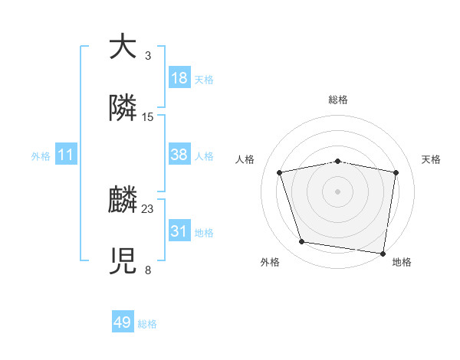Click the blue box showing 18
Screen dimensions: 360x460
coord(179,78)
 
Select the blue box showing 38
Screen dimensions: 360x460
coord(179,155)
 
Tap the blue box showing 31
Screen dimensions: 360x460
coord(179,231)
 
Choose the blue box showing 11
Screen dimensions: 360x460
coord(66,155)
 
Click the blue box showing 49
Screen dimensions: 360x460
coord(123,323)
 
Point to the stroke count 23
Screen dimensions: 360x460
coord(148,209)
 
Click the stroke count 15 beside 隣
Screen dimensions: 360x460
coord(148,116)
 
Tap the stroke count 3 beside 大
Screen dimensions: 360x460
coord(148,56)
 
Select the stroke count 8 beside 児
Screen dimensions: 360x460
coord(148,270)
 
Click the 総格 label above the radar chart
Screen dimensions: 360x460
coord(338,100)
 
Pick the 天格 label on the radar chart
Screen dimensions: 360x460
coord(431,159)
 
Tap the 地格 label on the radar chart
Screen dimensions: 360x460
coord(402,263)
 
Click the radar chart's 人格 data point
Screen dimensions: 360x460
coord(280,172)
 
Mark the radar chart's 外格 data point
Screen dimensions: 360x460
coord(301,242)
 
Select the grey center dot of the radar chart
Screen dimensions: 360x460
coord(338,191)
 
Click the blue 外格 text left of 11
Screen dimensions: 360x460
coord(41,156)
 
